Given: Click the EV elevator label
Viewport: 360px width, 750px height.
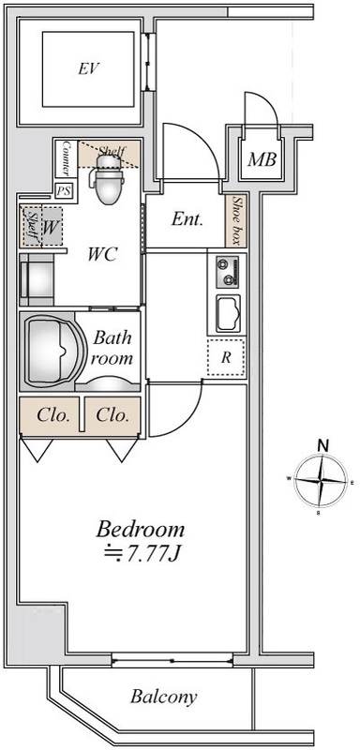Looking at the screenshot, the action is point(88,68).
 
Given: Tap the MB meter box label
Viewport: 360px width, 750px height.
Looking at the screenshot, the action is point(262,159).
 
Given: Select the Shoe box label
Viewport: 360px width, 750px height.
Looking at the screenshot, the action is point(235,220).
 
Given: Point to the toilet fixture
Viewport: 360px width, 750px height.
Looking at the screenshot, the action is point(109,179).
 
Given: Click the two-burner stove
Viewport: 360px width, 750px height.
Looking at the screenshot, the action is point(227,273).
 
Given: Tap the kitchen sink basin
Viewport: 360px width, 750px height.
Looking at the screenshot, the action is point(228,313).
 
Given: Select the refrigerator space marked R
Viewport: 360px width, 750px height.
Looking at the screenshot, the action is point(226,357).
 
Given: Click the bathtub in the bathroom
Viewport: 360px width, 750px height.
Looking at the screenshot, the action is point(49,352).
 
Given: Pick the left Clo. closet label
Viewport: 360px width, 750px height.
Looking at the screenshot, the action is point(53,415).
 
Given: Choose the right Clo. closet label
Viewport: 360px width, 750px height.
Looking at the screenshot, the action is point(112,415).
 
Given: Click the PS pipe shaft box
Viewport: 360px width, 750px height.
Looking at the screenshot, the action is point(64,191).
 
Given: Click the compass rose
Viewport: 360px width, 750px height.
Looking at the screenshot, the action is point(320,480).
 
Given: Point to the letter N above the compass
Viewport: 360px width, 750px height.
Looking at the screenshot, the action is point(323,445).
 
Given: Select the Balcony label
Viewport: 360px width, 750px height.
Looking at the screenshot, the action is point(163,697).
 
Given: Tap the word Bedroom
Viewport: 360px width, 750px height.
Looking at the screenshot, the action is point(140,530).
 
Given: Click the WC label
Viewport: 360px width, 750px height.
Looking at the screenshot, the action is point(102,254).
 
